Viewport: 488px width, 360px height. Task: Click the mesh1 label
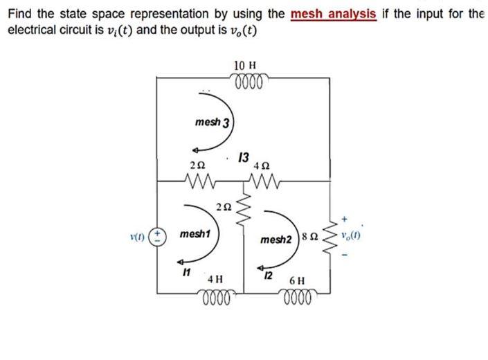pos(195,235)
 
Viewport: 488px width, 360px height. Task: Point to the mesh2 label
pos(276,240)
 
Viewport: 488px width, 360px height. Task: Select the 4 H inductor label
pos(215,280)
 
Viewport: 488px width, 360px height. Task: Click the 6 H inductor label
pos(298,281)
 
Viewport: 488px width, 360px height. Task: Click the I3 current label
pos(243,156)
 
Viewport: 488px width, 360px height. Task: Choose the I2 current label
pos(269,276)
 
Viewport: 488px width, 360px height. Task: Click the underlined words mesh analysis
pos(334,14)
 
